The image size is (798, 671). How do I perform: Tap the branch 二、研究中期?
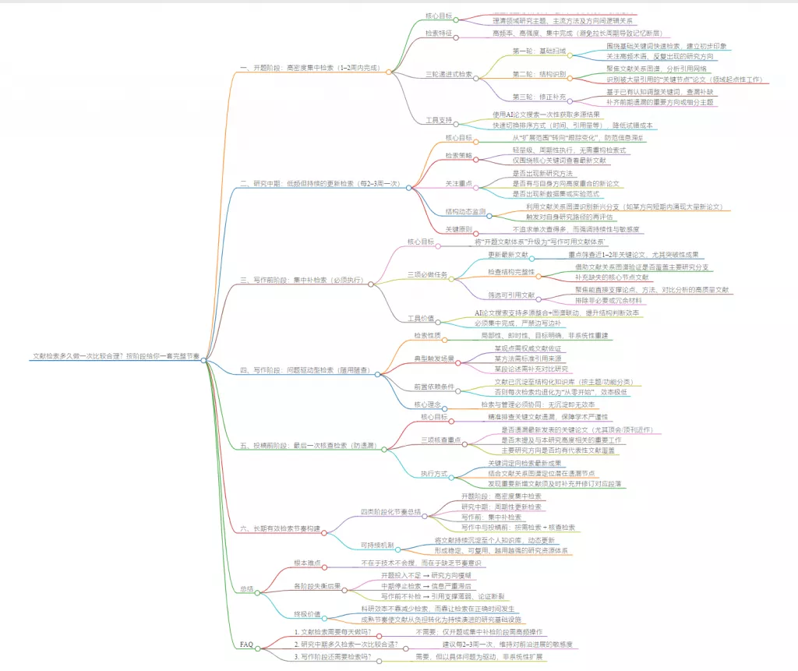320,184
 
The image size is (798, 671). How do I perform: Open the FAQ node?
246,645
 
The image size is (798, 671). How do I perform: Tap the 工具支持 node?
441,121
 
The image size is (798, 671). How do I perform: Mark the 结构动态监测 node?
465,211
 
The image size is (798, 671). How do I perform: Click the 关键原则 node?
457,230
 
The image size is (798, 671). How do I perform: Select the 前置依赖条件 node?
434,387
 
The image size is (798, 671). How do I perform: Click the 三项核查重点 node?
441,440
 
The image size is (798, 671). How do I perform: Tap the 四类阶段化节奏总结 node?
390,512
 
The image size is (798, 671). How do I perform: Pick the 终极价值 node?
309,613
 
